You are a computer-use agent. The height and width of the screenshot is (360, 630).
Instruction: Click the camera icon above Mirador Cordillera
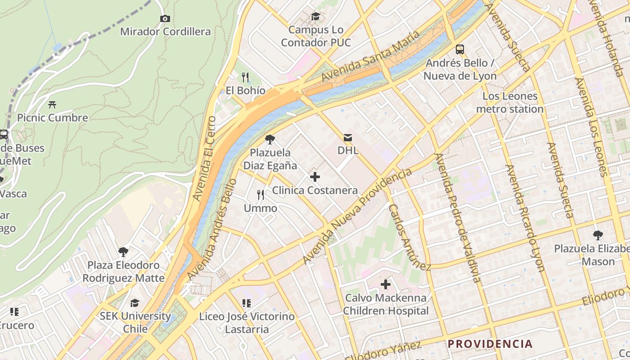click(x=165, y=18)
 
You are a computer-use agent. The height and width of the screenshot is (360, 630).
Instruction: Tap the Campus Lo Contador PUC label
click(x=315, y=36)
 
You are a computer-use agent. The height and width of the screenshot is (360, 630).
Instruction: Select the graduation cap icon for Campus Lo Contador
click(x=315, y=17)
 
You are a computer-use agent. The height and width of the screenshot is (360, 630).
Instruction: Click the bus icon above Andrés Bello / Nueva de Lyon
click(x=459, y=49)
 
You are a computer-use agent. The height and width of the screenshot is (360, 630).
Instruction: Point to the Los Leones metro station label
click(x=510, y=103)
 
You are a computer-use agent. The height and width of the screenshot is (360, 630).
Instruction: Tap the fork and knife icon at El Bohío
click(x=245, y=77)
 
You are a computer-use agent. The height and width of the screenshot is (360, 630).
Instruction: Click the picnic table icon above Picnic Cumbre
click(x=52, y=105)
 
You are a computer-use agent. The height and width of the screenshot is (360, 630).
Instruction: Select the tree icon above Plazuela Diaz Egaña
click(x=270, y=139)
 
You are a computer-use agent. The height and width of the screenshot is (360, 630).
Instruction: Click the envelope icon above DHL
click(x=348, y=137)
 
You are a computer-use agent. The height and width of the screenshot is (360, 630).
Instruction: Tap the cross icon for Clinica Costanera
click(x=315, y=177)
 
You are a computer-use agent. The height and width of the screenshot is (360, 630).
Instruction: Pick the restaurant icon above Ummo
click(x=261, y=195)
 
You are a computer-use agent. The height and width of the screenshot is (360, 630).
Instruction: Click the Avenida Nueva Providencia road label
click(x=357, y=216)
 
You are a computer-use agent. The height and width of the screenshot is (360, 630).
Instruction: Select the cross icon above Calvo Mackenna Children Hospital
click(x=386, y=284)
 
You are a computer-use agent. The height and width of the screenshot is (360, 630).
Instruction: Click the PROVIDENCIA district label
click(x=490, y=344)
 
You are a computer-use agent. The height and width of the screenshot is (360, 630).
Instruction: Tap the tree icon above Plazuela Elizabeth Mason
click(x=598, y=235)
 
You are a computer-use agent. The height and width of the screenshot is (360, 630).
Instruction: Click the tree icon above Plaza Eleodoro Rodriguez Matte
click(x=123, y=252)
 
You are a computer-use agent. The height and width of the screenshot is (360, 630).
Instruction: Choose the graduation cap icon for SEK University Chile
click(x=135, y=303)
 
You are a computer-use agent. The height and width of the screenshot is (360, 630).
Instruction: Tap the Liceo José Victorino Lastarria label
click(x=247, y=323)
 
